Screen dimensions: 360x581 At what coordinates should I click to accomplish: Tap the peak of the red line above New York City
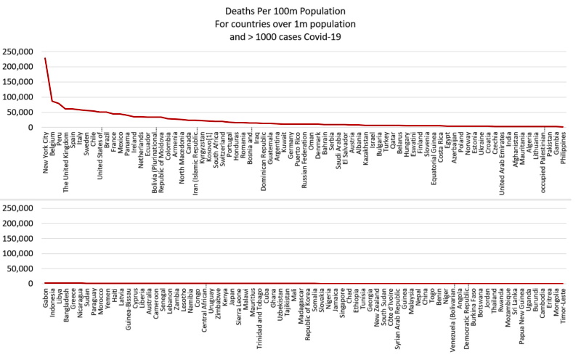[x=45, y=58]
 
